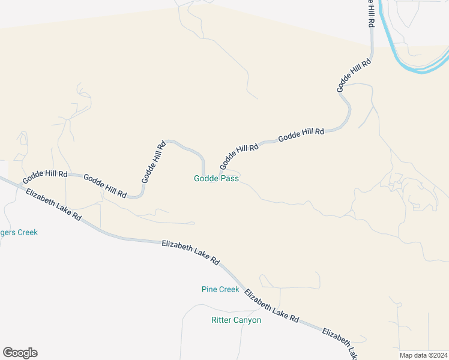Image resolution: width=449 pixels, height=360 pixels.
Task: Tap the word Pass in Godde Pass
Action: point(230,178)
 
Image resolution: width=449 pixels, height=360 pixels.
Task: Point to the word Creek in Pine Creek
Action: point(229,289)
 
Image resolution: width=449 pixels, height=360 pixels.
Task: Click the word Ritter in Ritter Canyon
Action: point(221,320)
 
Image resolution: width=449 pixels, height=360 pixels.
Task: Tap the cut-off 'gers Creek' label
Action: point(18,232)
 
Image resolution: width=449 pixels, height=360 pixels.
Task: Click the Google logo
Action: point(20,353)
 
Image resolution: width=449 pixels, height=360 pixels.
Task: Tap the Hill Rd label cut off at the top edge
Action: point(372,13)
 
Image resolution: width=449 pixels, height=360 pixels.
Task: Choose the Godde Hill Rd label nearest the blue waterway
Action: point(354,74)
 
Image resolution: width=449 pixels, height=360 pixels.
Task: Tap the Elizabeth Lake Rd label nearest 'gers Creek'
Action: point(53,205)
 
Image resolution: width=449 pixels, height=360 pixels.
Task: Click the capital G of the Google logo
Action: point(8,353)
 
